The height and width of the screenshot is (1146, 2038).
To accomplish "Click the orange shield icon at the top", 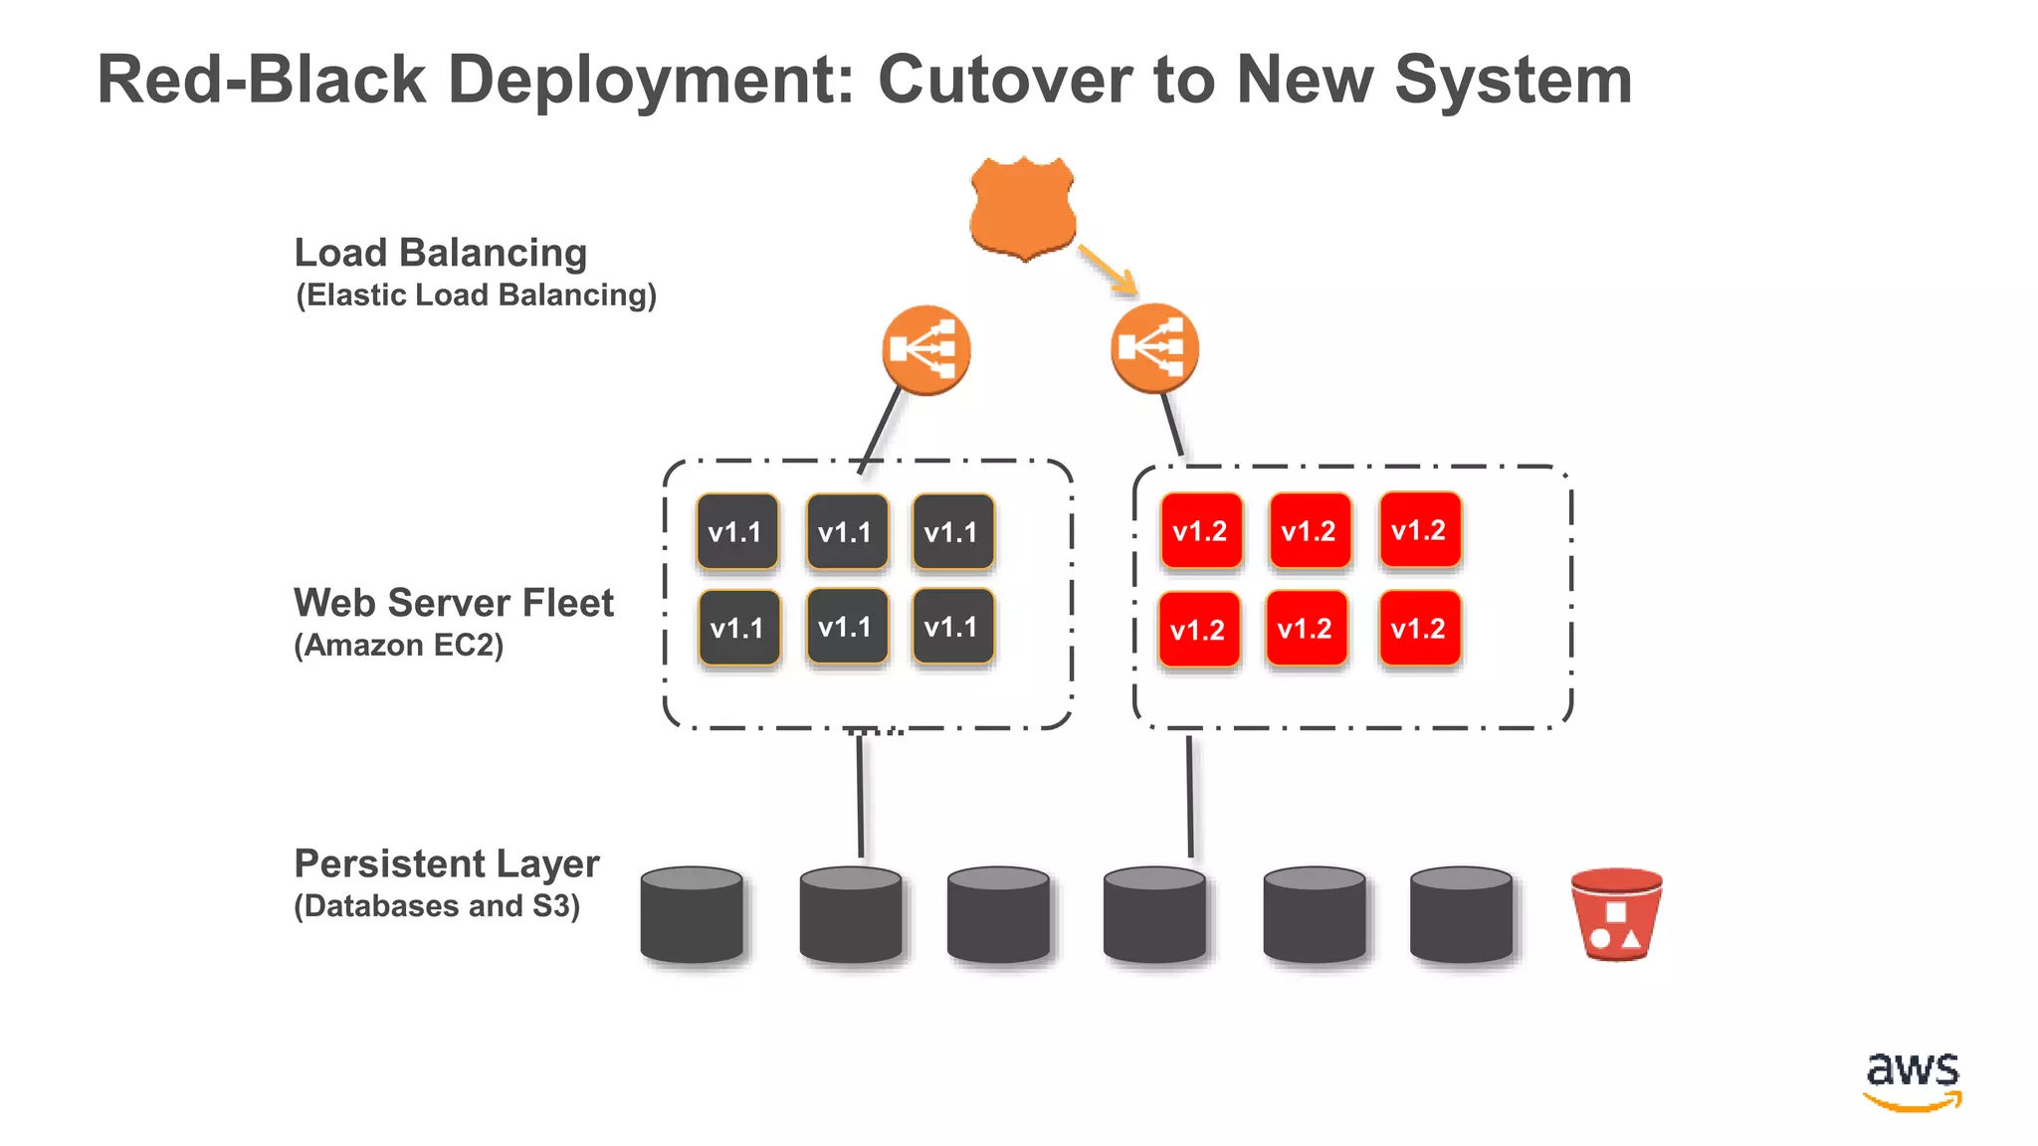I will [x=1023, y=207].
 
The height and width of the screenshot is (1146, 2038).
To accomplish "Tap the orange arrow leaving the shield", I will [x=1108, y=270].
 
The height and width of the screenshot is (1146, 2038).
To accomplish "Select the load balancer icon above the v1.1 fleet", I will [x=925, y=349].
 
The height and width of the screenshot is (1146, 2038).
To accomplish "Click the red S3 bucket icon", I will [x=1616, y=914].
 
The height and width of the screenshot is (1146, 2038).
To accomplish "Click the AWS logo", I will [x=1912, y=1079].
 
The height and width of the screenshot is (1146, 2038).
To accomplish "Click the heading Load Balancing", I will [x=440, y=253].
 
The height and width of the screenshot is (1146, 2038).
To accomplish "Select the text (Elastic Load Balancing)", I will [x=476, y=295].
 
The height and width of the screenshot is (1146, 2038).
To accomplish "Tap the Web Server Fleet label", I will [x=453, y=603].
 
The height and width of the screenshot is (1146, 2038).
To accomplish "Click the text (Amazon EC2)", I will [x=398, y=646].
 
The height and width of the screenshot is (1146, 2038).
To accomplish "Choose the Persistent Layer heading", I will [x=446, y=863].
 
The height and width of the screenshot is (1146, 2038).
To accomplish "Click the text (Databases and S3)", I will [x=436, y=906].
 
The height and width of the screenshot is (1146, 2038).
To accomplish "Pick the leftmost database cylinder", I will [x=692, y=914].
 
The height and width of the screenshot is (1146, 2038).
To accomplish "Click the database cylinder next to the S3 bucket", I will [x=1461, y=914].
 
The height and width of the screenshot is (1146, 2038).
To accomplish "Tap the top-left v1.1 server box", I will [x=736, y=532].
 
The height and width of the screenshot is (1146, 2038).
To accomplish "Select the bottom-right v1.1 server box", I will [x=952, y=627].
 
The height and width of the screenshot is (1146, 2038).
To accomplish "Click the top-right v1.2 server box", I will [x=1420, y=530].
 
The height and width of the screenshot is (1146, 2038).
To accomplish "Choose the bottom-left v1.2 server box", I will [x=1198, y=630].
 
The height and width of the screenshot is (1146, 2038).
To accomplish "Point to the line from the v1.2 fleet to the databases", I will [x=1190, y=796].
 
